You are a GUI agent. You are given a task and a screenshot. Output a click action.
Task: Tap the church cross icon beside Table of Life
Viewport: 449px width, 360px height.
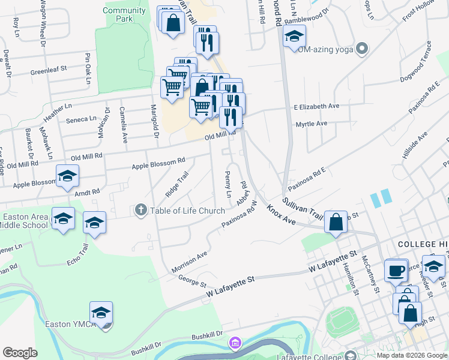(x=141, y=210)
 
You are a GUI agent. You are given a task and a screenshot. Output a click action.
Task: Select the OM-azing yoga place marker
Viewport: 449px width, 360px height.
(x=361, y=48)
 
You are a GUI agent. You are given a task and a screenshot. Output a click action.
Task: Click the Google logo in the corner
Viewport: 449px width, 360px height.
(x=20, y=353)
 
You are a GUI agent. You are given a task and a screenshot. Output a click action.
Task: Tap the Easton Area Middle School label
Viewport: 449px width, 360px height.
(x=25, y=221)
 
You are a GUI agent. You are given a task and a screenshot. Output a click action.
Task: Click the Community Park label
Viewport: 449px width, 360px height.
(x=124, y=14)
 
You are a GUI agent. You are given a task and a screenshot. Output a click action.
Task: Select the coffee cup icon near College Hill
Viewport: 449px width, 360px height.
(x=396, y=271)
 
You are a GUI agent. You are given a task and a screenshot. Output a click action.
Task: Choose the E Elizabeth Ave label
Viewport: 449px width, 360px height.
(x=316, y=106)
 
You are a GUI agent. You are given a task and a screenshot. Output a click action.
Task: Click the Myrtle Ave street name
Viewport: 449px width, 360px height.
(x=311, y=124)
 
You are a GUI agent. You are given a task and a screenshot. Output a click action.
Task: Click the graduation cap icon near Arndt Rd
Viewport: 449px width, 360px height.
(x=67, y=176)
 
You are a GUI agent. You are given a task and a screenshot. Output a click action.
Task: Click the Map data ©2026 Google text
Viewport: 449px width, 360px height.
(x=412, y=355)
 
